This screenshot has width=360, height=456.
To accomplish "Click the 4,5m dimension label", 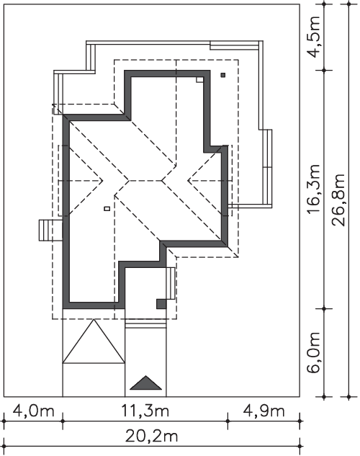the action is click(x=314, y=37).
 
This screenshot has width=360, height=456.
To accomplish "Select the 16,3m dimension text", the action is click(x=314, y=189).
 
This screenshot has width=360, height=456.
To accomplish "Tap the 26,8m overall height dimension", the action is click(x=339, y=200).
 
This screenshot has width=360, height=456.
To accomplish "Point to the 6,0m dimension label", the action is click(x=314, y=352).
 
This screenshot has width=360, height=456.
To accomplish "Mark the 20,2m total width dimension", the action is click(x=151, y=437).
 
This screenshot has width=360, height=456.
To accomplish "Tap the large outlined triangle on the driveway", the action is click(x=94, y=341).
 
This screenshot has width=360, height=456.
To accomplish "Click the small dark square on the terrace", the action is click(x=223, y=75).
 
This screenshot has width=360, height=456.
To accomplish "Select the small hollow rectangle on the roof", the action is click(x=107, y=208).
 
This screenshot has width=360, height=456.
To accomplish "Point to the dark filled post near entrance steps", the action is click(x=161, y=304).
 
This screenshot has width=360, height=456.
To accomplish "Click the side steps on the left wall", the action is click(x=50, y=231).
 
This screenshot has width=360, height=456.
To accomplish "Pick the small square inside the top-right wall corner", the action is click(x=199, y=80).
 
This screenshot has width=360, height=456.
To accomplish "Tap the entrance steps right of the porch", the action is click(x=171, y=283).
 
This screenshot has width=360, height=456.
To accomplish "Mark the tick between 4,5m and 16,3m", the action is click(x=324, y=70).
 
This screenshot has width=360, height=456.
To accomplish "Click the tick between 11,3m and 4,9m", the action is click(x=228, y=421).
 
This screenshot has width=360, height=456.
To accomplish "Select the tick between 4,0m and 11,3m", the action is click(x=63, y=421).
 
